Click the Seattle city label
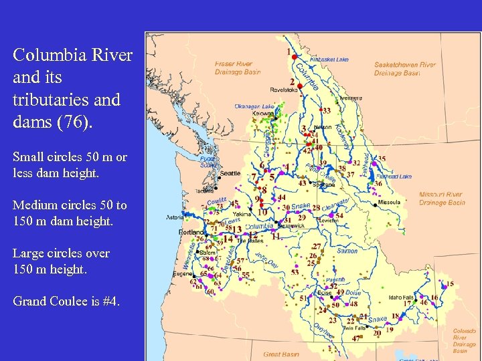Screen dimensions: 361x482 click(230, 173)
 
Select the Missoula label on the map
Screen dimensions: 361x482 click(389, 202)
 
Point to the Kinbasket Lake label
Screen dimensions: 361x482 click(328, 59)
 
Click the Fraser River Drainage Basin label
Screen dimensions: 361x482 click(238, 68)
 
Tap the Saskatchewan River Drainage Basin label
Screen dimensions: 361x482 click(405, 69)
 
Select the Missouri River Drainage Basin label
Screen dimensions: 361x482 click(442, 199)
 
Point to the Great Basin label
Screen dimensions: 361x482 click(281, 354)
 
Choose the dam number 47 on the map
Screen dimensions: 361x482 click(356, 338)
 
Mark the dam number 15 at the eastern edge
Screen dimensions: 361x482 click(450, 284)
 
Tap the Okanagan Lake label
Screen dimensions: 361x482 click(254, 106)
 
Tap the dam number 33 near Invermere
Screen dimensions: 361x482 click(326, 110)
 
